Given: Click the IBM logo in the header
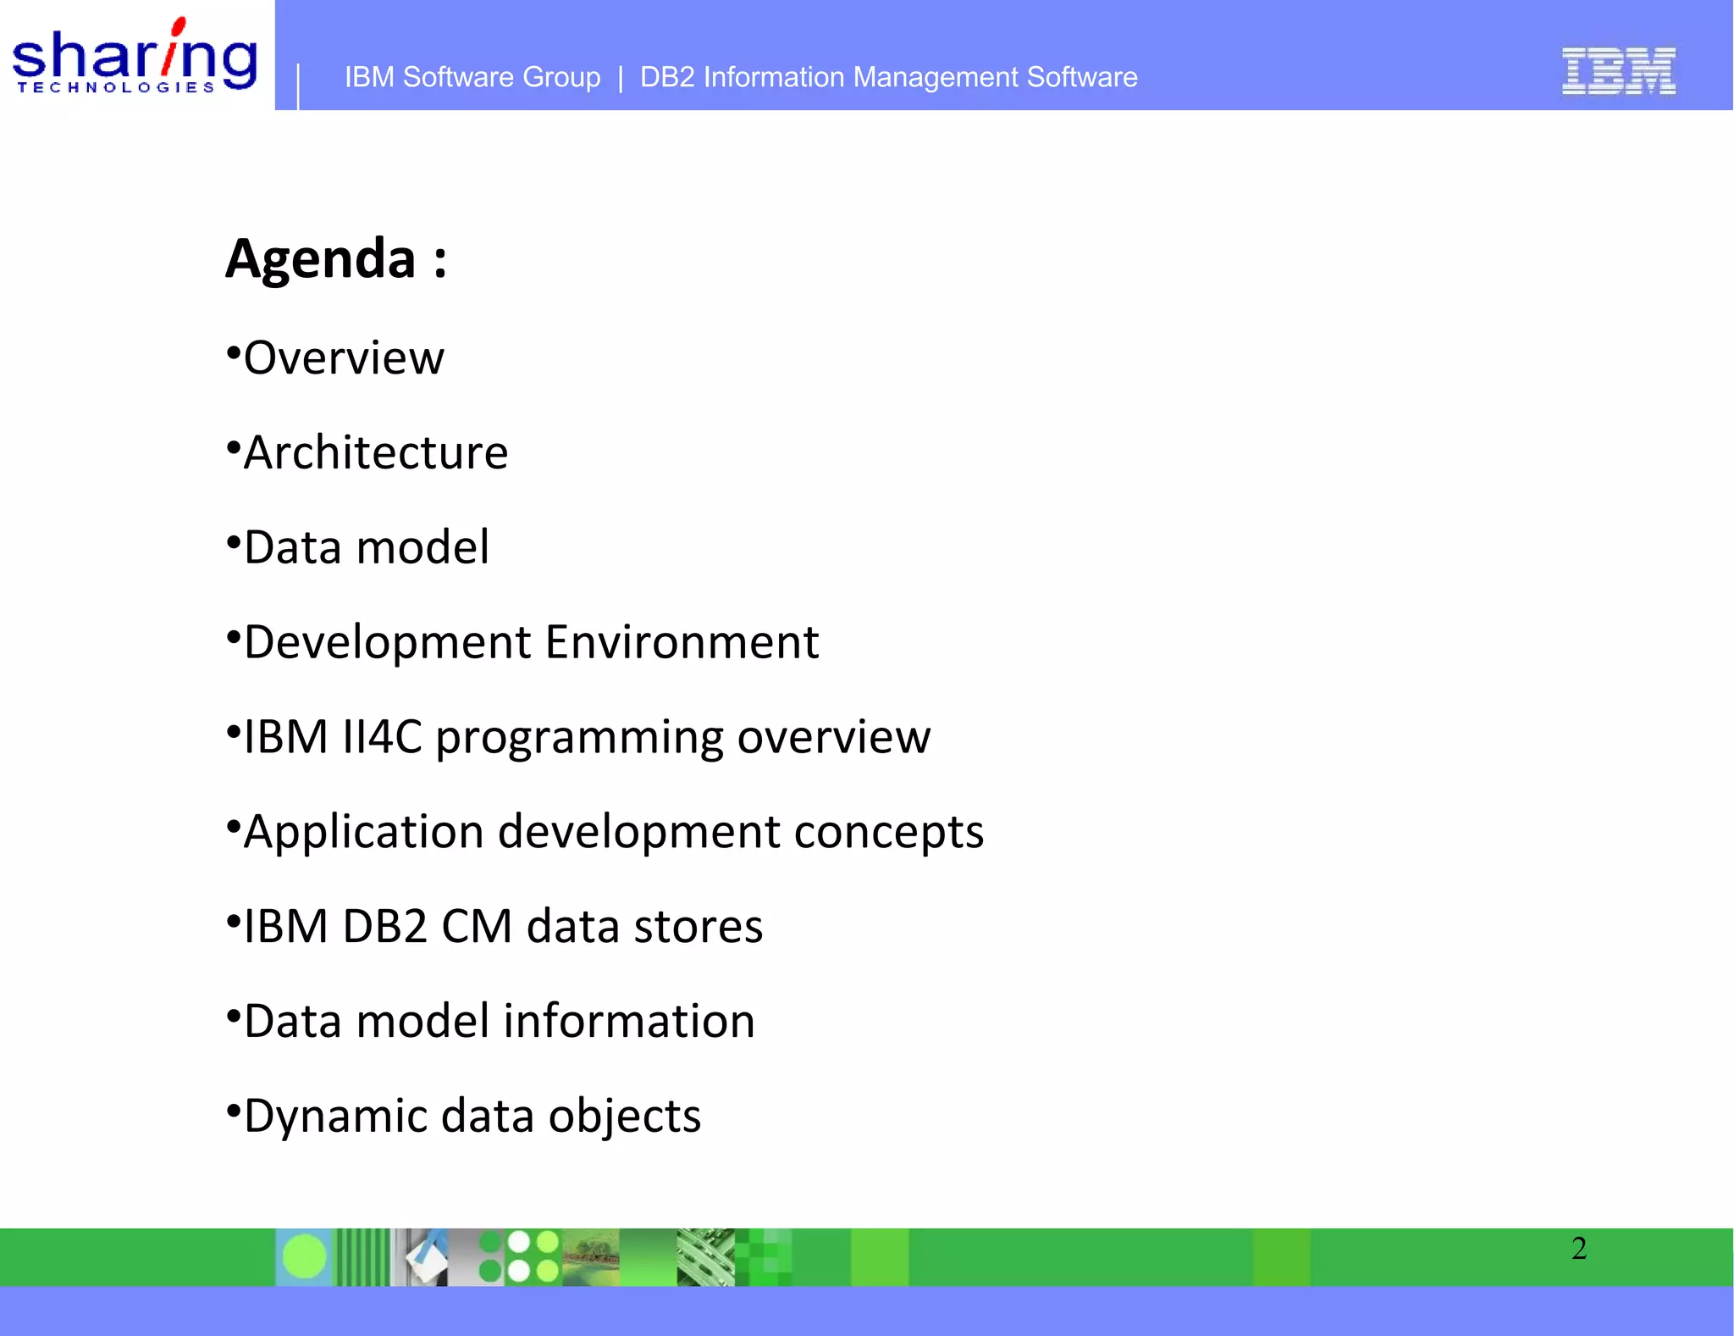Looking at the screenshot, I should point(1618,71).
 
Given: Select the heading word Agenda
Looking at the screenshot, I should point(320,258).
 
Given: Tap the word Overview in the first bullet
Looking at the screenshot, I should point(344,358).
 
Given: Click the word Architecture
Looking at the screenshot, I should point(376,453).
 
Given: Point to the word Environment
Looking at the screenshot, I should point(682,642).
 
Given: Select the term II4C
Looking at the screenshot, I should point(382,737).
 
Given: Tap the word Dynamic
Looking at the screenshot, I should point(335,1117).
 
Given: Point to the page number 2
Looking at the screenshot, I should point(1579,1249).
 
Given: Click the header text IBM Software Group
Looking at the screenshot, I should point(472,77).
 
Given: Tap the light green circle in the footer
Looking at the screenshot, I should point(304,1256).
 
